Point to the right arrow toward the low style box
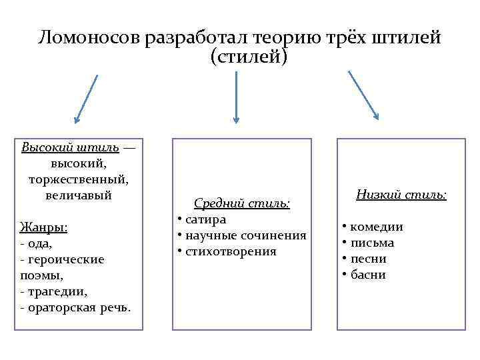tap(363, 95)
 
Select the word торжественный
tap(79, 179)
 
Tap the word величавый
tap(79, 195)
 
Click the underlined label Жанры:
tap(44, 227)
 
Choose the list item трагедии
tap(57, 291)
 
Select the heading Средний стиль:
tap(242, 203)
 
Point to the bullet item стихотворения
tap(230, 251)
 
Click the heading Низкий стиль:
tap(401, 195)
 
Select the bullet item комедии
tap(376, 227)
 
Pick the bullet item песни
tap(368, 259)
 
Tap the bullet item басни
tap(368, 275)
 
